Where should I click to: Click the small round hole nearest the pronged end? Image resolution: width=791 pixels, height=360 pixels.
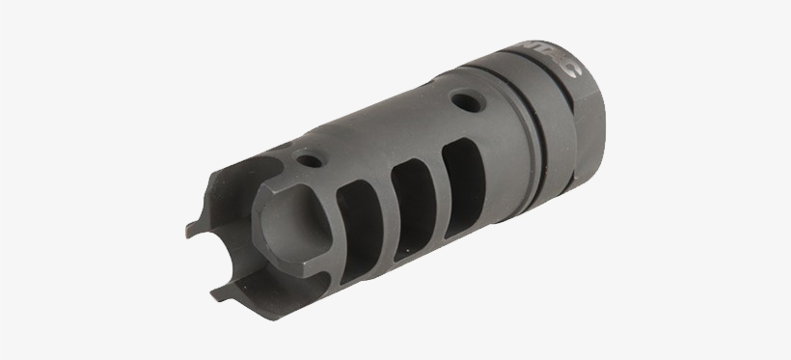point(309,160)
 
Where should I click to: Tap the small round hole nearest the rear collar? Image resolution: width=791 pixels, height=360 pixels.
point(467,99)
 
